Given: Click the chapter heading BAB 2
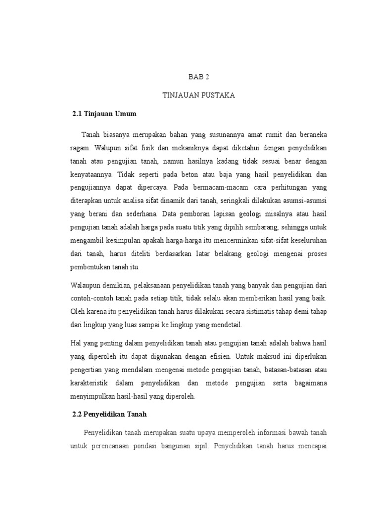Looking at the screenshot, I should [x=199, y=77].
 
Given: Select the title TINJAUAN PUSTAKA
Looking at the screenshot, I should [x=199, y=95].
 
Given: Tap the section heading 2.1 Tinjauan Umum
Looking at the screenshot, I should [x=104, y=114].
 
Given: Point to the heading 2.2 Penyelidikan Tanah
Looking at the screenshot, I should [x=110, y=414].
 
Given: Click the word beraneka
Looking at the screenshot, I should [x=311, y=135].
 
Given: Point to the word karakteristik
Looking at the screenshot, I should [x=92, y=383].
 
